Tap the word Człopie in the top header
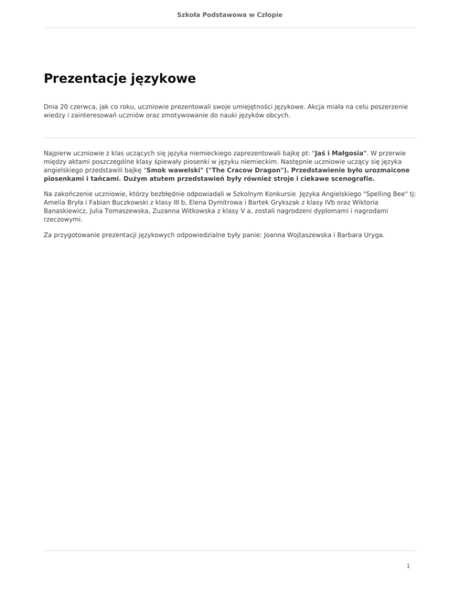[268, 14]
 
